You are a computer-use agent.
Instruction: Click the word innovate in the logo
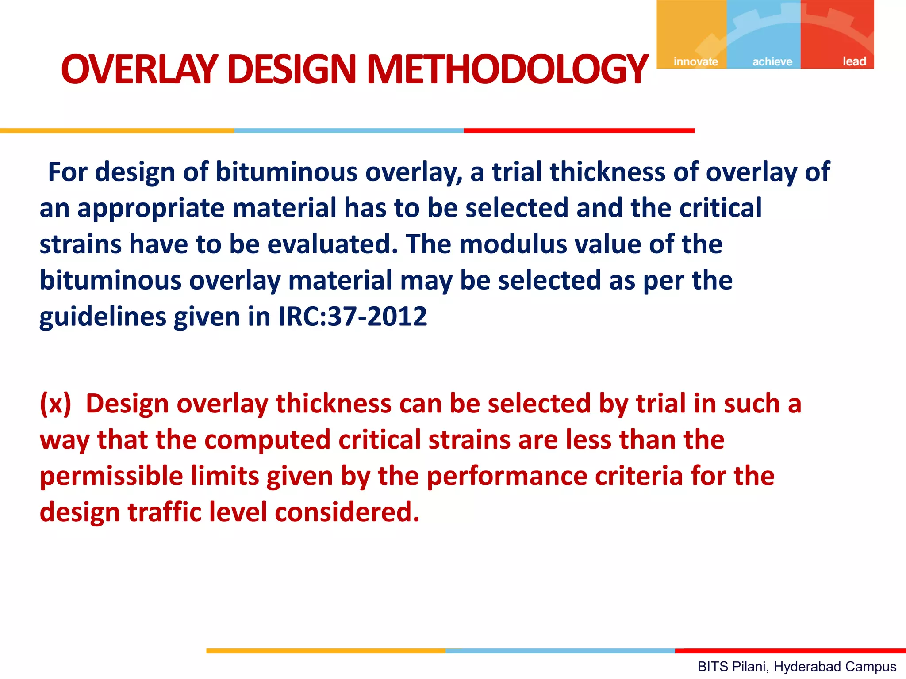[x=695, y=61]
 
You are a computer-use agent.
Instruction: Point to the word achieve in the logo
[x=772, y=61]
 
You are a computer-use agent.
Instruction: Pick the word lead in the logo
[x=854, y=61]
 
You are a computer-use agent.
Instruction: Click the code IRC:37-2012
[x=353, y=317]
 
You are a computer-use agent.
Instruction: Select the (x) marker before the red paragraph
[x=55, y=404]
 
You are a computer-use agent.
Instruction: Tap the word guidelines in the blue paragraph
[x=102, y=317]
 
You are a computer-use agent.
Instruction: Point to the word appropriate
[x=151, y=209]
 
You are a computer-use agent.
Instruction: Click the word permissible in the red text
[x=111, y=477]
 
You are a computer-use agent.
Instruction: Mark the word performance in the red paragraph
[x=507, y=477]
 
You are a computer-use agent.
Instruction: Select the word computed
[x=267, y=440]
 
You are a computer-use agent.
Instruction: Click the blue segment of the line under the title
[x=349, y=131]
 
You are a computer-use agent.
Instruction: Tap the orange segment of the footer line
[x=326, y=651]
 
